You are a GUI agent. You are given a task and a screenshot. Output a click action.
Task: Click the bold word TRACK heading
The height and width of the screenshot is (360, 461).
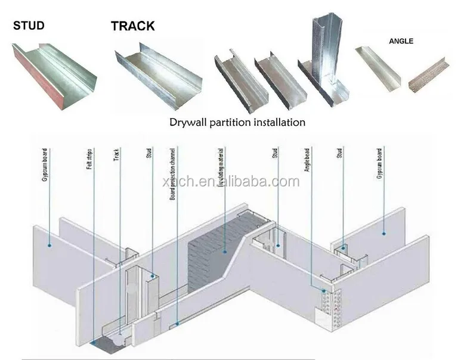click(x=132, y=26)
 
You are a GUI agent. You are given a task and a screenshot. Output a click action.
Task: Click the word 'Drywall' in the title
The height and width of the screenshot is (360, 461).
click(x=189, y=122)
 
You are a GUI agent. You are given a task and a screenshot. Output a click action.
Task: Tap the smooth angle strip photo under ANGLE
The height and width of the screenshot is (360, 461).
click(x=379, y=69)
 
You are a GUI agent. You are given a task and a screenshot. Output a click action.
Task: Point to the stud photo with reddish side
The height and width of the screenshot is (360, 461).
click(x=54, y=69)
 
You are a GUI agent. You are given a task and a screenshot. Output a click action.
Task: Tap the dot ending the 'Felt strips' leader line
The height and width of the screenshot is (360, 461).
click(x=94, y=343)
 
